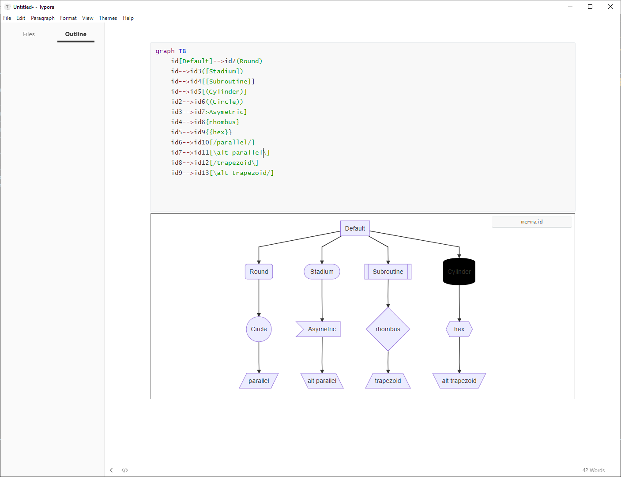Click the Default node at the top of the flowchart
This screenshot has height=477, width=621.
[x=355, y=228]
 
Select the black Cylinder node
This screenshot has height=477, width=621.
[x=459, y=272]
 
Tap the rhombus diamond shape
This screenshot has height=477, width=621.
[x=388, y=329]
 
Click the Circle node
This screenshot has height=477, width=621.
[x=259, y=329]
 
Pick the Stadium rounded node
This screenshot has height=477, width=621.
[x=322, y=272]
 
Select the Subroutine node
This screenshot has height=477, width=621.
[x=388, y=272]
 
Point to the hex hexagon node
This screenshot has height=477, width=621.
[x=459, y=329]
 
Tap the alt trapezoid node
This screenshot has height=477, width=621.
[x=459, y=381]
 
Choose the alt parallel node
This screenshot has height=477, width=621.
[x=322, y=381]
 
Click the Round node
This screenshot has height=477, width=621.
[x=259, y=272]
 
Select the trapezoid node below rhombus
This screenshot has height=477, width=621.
[x=388, y=381]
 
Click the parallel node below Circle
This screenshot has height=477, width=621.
[x=259, y=381]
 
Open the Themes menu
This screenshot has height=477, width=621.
[x=108, y=18]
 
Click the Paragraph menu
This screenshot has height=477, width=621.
[x=43, y=18]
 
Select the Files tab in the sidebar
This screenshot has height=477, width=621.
[x=29, y=34]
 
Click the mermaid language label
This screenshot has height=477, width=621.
[x=531, y=222]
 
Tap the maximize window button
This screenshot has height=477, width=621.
[x=590, y=7]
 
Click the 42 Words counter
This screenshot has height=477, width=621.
[x=593, y=470]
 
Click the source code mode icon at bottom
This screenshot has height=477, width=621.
[x=125, y=470]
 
